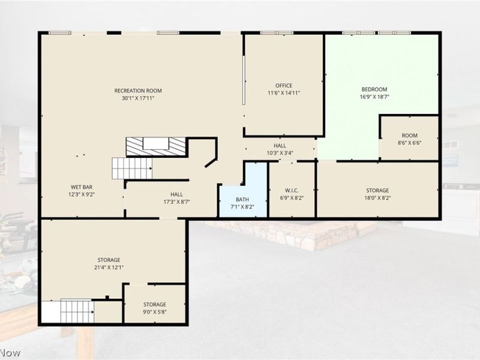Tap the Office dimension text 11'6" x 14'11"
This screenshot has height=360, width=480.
[x=284, y=93]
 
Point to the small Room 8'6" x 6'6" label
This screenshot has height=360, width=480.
[x=410, y=139]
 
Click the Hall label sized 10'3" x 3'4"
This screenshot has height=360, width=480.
[x=280, y=149]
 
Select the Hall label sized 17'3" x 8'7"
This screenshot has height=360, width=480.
[x=176, y=198]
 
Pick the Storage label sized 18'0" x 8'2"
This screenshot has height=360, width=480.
[x=377, y=194]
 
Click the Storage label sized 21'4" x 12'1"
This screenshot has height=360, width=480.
[x=109, y=263]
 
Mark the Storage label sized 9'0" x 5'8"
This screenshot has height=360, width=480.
[x=155, y=308]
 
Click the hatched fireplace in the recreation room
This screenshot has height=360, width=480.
[x=156, y=146]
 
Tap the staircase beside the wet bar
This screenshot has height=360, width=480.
[x=132, y=169]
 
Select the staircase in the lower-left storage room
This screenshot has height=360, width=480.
[x=77, y=311]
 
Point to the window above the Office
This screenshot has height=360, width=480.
[x=277, y=33]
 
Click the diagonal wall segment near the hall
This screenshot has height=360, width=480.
[x=211, y=163]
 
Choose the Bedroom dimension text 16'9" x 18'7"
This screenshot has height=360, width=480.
[x=374, y=97]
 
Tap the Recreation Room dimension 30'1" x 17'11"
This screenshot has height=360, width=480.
[x=138, y=98]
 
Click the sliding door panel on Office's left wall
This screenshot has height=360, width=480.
[x=244, y=80]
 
